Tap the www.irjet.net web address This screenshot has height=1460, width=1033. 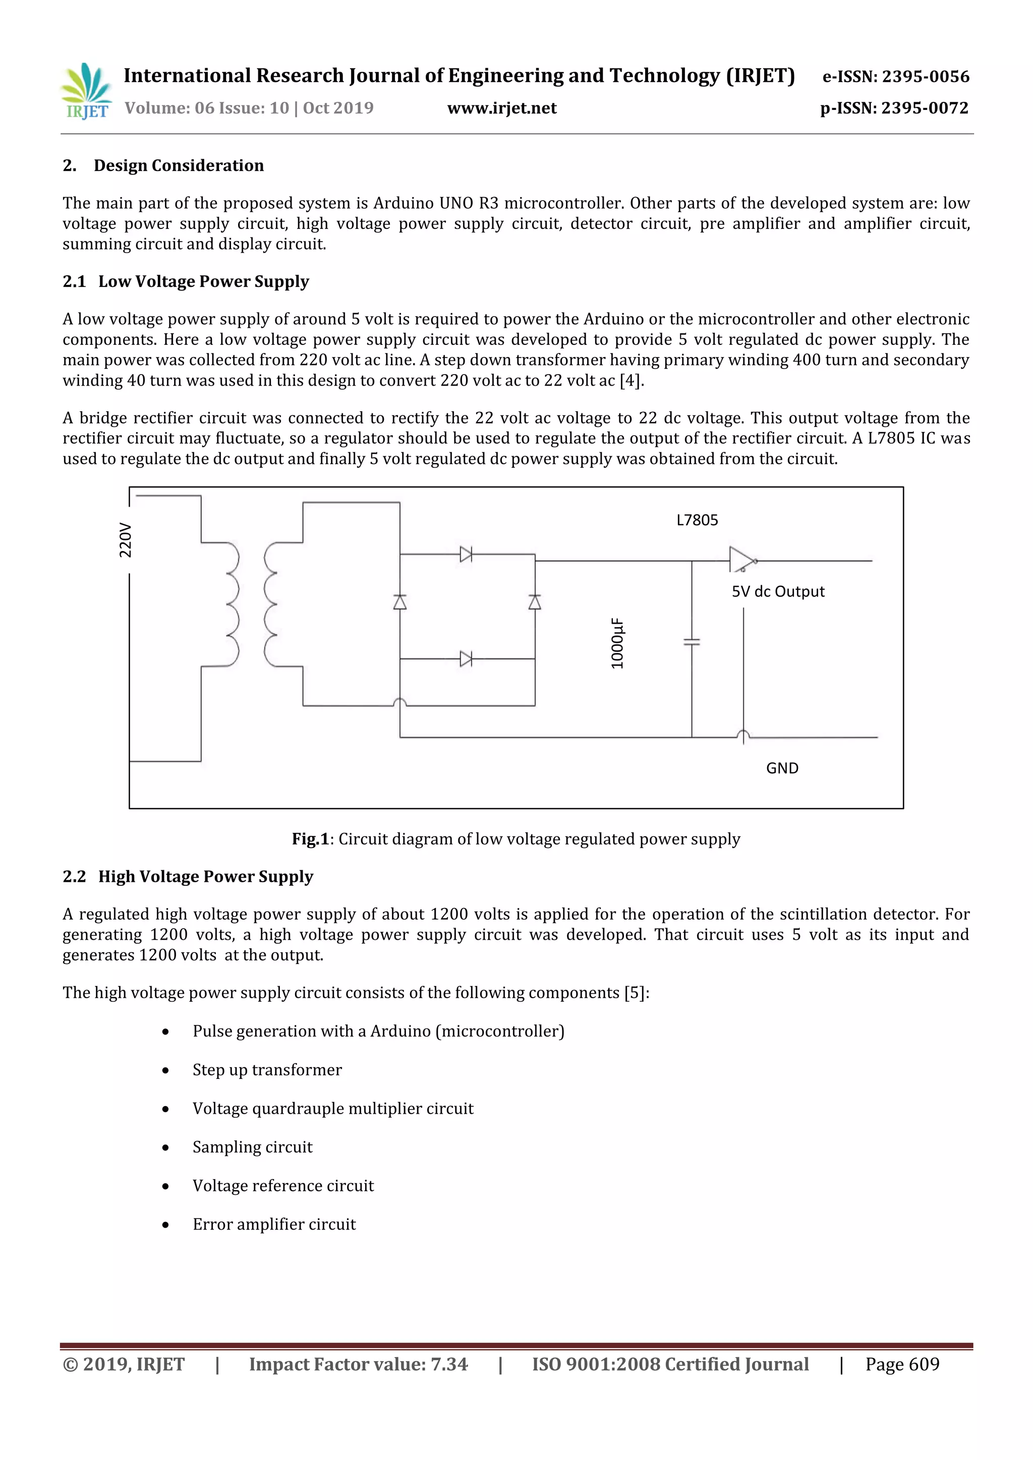pos(502,108)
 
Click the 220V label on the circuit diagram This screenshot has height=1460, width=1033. pos(125,540)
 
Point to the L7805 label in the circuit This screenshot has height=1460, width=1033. pos(697,520)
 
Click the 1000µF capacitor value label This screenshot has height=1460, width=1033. pos(617,643)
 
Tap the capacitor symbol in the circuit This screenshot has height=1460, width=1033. pos(692,642)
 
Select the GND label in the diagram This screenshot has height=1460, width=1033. pos(782,768)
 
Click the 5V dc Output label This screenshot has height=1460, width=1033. pos(777,591)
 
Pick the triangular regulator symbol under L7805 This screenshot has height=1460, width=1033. pos(741,560)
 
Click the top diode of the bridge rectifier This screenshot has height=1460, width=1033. pos(466,555)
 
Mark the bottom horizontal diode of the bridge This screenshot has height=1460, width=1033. pos(466,659)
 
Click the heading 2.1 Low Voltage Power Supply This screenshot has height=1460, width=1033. pos(186,281)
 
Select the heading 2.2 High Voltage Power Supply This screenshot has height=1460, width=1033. pos(188,876)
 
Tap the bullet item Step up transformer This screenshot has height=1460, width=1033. pos(267,1070)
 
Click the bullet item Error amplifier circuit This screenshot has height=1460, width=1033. pos(274,1224)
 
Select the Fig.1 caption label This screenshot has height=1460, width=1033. pos(310,839)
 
